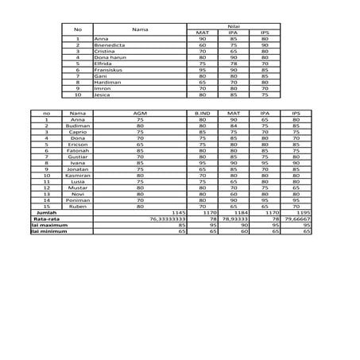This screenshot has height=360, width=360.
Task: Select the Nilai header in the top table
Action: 234,25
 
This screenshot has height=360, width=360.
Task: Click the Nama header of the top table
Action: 140,29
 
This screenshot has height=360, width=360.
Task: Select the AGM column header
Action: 140,114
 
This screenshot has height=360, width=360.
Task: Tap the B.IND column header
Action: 202,114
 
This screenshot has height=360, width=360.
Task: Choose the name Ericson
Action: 78,145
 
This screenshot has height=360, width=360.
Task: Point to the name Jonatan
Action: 78,168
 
